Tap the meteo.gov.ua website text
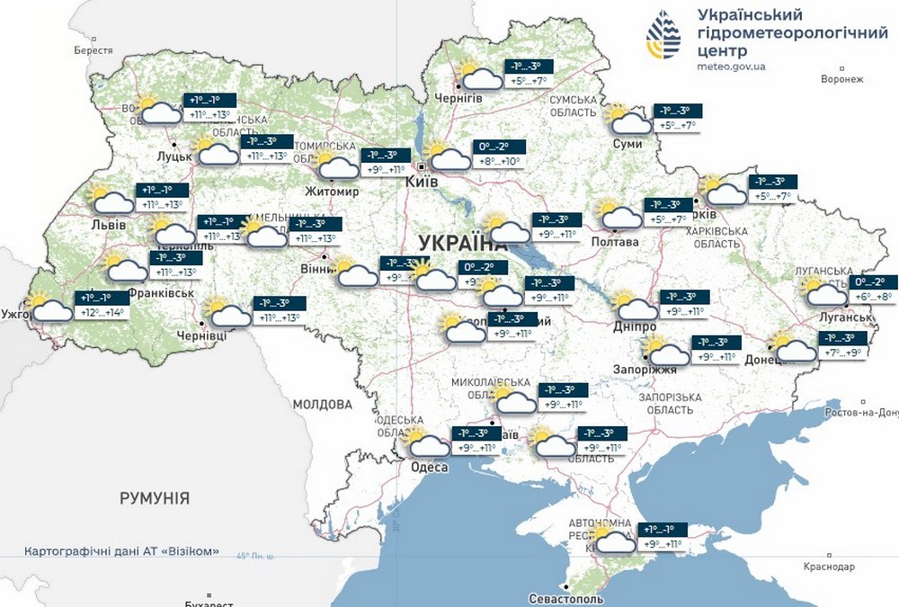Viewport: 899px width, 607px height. [x=732, y=67]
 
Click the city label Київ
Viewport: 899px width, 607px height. [x=422, y=182]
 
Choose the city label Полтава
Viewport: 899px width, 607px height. [x=615, y=242]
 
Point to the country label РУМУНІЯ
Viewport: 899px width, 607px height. [x=155, y=497]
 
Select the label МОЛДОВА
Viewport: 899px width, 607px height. [x=322, y=404]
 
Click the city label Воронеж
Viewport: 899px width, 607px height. [x=841, y=79]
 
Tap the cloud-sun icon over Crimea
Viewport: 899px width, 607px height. [x=614, y=540]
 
